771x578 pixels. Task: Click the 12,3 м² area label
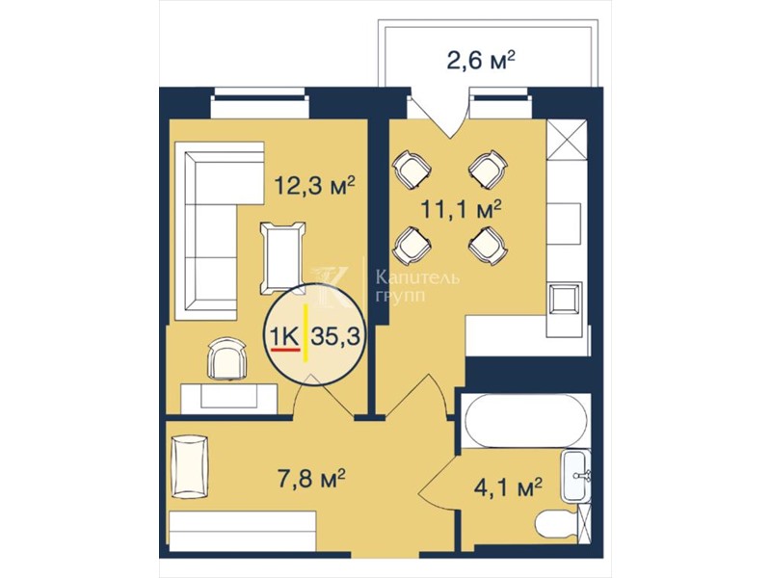(314, 186)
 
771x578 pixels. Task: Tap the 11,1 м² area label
(461, 210)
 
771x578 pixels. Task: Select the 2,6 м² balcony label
(480, 62)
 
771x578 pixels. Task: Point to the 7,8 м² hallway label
(311, 478)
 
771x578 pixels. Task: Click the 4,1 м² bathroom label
(508, 487)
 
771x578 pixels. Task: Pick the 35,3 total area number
(336, 336)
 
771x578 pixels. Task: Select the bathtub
(525, 421)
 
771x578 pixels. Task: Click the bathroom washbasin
(576, 476)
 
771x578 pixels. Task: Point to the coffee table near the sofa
(282, 258)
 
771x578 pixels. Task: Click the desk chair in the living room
(226, 358)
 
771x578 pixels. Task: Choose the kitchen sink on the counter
(566, 300)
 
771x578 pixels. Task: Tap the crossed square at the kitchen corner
(567, 140)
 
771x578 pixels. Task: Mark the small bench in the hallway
(190, 466)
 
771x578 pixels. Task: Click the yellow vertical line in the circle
(306, 332)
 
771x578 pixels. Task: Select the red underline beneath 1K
(285, 350)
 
